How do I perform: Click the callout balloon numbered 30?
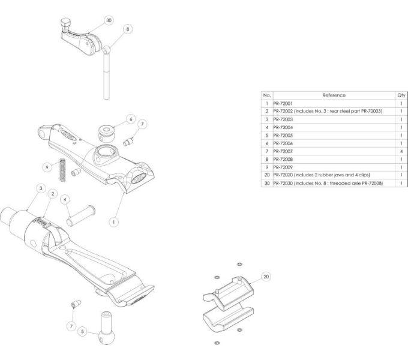pyautogui.click(x=109, y=20)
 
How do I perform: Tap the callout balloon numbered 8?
pyautogui.click(x=128, y=29)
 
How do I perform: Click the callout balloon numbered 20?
pyautogui.click(x=266, y=277)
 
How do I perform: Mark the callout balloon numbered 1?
pyautogui.click(x=112, y=221)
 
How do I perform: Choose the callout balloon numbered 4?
pyautogui.click(x=65, y=199)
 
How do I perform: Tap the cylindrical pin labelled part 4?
pyautogui.click(x=80, y=215)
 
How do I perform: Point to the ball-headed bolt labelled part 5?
pyautogui.click(x=107, y=328)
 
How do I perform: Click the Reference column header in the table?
pyautogui.click(x=334, y=95)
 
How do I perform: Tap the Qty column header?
pyautogui.click(x=401, y=95)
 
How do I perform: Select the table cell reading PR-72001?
pyautogui.click(x=284, y=103)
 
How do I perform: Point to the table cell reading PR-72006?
pyautogui.click(x=284, y=143)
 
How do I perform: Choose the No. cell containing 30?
pyautogui.click(x=266, y=182)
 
